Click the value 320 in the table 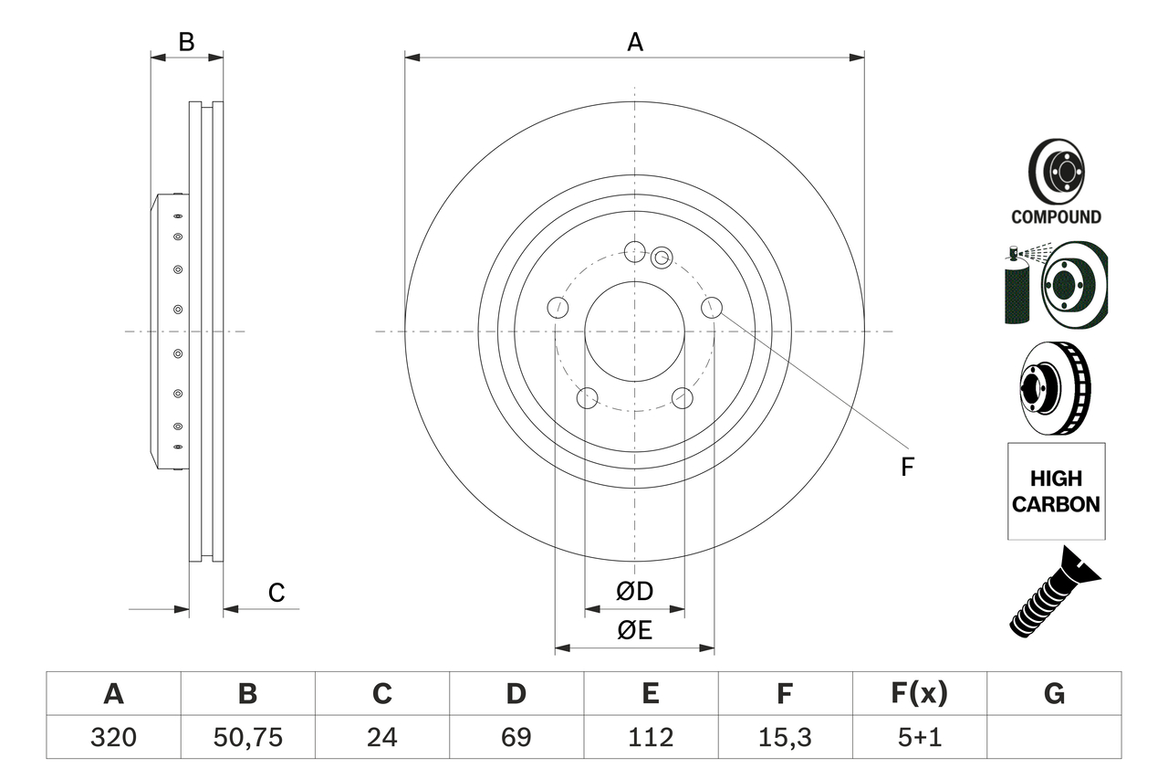pyautogui.click(x=113, y=737)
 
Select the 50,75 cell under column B pyautogui.click(x=247, y=737)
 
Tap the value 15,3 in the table pyautogui.click(x=784, y=737)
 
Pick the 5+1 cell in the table pyautogui.click(x=918, y=737)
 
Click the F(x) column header pyautogui.click(x=918, y=694)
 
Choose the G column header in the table pyautogui.click(x=1054, y=694)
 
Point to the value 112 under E pyautogui.click(x=650, y=737)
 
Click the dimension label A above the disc pyautogui.click(x=634, y=41)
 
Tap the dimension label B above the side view pyautogui.click(x=186, y=41)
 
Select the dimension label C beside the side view pyautogui.click(x=276, y=593)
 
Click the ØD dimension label pyautogui.click(x=634, y=592)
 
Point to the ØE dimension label pyautogui.click(x=634, y=631)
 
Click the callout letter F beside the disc pyautogui.click(x=907, y=468)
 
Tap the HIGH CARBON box pyautogui.click(x=1056, y=490)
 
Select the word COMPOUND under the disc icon pyautogui.click(x=1056, y=217)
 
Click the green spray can pyautogui.click(x=1017, y=288)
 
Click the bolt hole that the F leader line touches pyautogui.click(x=712, y=308)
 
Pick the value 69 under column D pyautogui.click(x=516, y=737)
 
